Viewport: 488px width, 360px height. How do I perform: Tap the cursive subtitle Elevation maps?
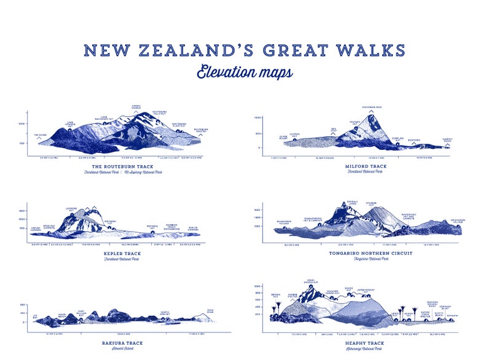(245, 72)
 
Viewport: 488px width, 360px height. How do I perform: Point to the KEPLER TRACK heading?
(122, 253)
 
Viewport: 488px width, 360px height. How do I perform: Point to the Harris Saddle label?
(136, 107)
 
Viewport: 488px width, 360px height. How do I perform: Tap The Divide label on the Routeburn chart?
(40, 135)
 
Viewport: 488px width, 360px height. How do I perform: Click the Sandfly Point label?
(447, 139)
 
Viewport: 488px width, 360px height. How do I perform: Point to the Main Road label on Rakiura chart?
(210, 311)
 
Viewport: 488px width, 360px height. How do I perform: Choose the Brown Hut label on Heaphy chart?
(275, 295)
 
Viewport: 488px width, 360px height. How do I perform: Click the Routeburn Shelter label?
(201, 130)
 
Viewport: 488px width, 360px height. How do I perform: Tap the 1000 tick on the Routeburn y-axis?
(22, 124)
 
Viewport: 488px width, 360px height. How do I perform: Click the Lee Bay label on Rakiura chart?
(34, 316)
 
